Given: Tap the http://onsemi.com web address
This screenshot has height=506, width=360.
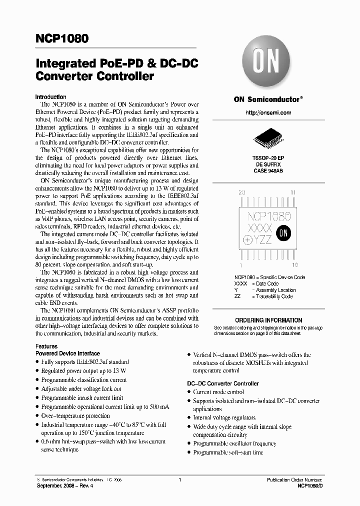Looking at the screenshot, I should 268,113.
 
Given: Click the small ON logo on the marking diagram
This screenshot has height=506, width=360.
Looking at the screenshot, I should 283,232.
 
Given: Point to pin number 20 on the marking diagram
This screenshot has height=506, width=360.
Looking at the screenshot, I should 241,192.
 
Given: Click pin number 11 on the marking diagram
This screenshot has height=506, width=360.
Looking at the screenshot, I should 293,192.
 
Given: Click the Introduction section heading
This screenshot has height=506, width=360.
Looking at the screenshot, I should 50,97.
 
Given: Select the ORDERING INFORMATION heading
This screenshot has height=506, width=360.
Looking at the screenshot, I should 268,320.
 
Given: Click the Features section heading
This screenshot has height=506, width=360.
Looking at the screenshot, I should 46,346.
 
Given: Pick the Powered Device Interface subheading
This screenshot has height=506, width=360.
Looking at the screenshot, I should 67,353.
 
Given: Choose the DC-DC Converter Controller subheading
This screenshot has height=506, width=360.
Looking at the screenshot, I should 223,383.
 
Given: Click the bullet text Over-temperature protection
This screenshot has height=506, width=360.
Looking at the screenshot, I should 75,415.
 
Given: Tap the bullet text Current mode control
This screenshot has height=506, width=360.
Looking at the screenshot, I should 218,392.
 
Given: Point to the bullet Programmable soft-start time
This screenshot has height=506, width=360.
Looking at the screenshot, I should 227,452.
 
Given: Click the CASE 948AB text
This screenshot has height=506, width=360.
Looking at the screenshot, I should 268,170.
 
